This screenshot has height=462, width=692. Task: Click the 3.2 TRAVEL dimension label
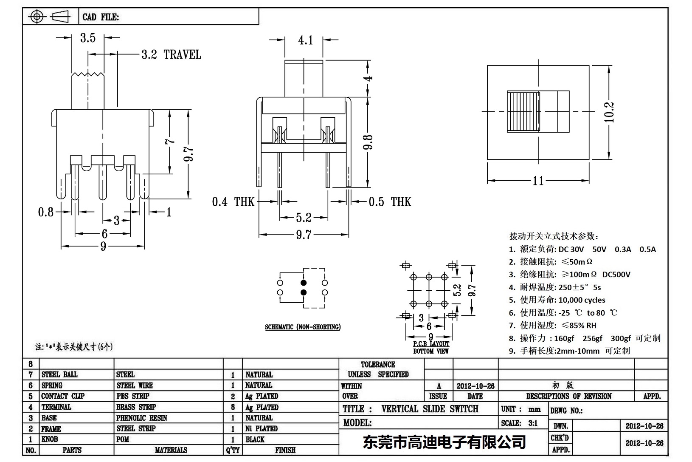click(171, 55)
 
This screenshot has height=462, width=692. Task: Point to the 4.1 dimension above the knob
click(305, 40)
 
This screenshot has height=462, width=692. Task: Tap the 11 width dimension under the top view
click(538, 181)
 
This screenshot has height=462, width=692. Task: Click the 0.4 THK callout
click(233, 202)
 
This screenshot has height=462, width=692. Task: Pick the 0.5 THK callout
click(390, 202)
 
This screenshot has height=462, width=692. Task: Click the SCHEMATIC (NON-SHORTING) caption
click(303, 327)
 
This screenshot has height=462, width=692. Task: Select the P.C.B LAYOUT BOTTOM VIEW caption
click(431, 347)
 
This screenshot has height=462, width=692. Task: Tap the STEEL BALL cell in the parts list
click(59, 374)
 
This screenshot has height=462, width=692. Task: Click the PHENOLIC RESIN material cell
click(142, 418)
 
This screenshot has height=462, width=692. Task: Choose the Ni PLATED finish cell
click(262, 428)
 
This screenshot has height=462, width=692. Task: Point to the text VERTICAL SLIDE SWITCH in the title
click(430, 409)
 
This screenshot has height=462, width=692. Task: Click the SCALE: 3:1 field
click(519, 423)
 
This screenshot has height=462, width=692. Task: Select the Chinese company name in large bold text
click(444, 442)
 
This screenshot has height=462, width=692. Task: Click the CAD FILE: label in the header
click(101, 17)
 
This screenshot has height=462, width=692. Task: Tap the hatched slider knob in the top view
click(523, 112)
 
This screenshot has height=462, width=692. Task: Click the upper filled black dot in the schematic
click(304, 283)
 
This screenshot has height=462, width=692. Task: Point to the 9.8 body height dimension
click(368, 142)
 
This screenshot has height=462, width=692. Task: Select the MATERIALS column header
click(171, 450)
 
